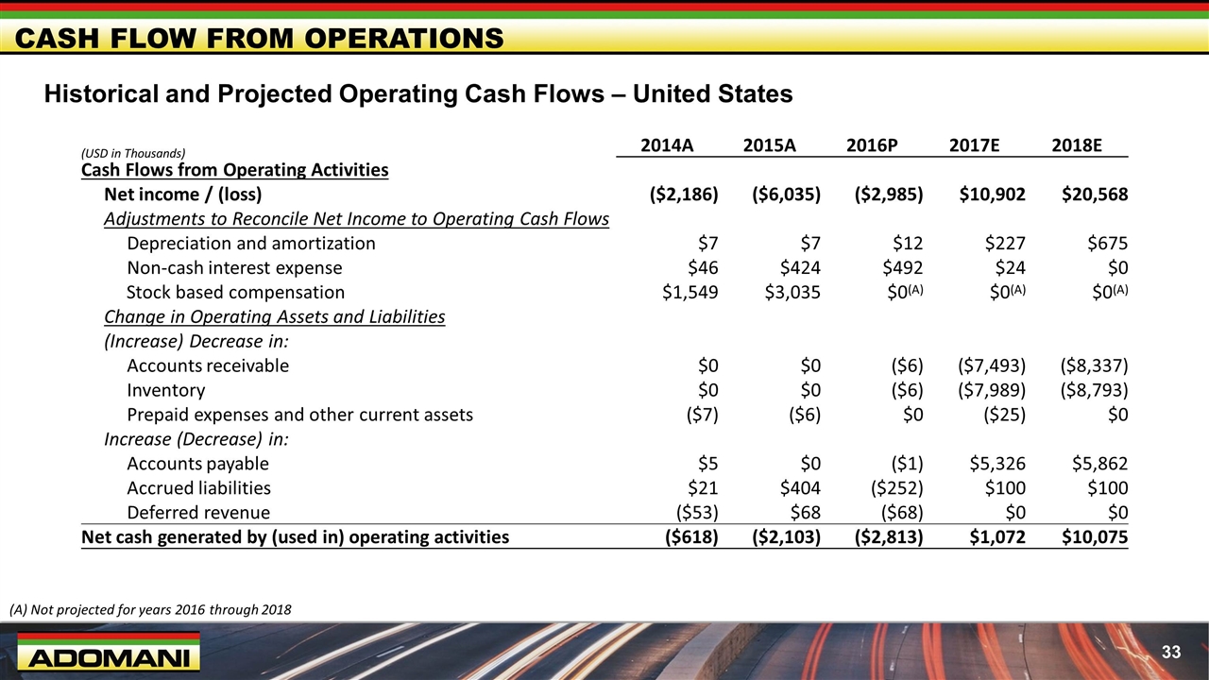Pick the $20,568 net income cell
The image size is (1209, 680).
pos(1095,195)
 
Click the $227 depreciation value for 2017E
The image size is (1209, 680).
pos(1004,244)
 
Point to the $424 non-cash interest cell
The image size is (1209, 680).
pos(798,268)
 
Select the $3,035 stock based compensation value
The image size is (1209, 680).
pos(792,293)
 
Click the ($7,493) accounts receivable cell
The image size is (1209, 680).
pos(991,365)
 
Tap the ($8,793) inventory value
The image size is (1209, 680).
pos(1094,390)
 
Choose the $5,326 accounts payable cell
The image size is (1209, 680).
pos(997,464)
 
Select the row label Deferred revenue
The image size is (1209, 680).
pos(198,513)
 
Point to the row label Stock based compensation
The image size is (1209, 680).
pos(235,293)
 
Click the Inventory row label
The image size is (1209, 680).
pos(165,390)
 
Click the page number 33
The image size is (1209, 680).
pos(1171,652)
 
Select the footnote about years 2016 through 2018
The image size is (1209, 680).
pos(150,610)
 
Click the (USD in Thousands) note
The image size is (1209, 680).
pos(132,153)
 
